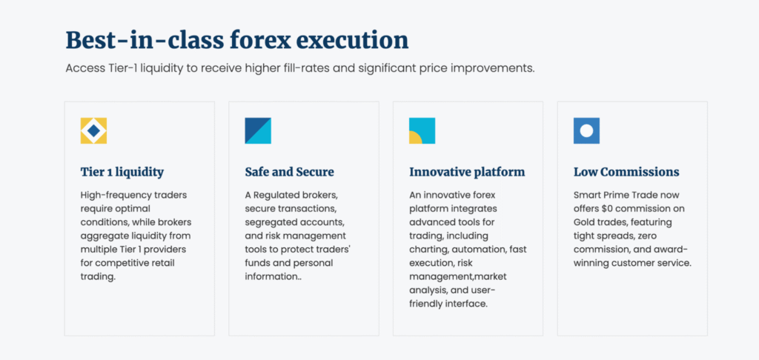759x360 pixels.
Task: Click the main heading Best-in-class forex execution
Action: [237, 40]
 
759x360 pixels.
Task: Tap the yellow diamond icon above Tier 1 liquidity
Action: [93, 130]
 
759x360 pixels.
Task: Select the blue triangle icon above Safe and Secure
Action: [258, 130]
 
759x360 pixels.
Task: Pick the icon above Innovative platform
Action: [422, 130]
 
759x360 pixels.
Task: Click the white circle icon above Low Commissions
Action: [587, 130]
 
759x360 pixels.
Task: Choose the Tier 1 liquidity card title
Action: [122, 172]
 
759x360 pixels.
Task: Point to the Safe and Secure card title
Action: [290, 172]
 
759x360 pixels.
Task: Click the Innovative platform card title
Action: [467, 172]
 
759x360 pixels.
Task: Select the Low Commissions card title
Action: [626, 172]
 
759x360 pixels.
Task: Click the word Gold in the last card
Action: [584, 222]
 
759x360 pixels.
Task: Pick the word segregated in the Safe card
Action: [268, 222]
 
